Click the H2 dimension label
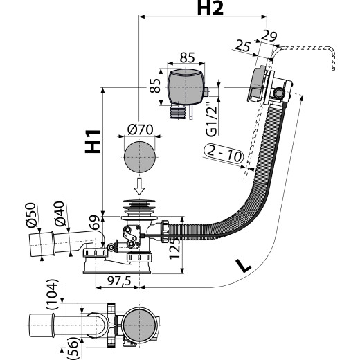210,9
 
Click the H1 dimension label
93,141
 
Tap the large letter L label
244,265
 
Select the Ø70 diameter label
140,129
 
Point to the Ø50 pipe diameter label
31,215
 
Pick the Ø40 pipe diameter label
60,214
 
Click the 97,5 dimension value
119,281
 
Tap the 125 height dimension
174,249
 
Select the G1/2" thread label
212,119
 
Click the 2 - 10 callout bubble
224,154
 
